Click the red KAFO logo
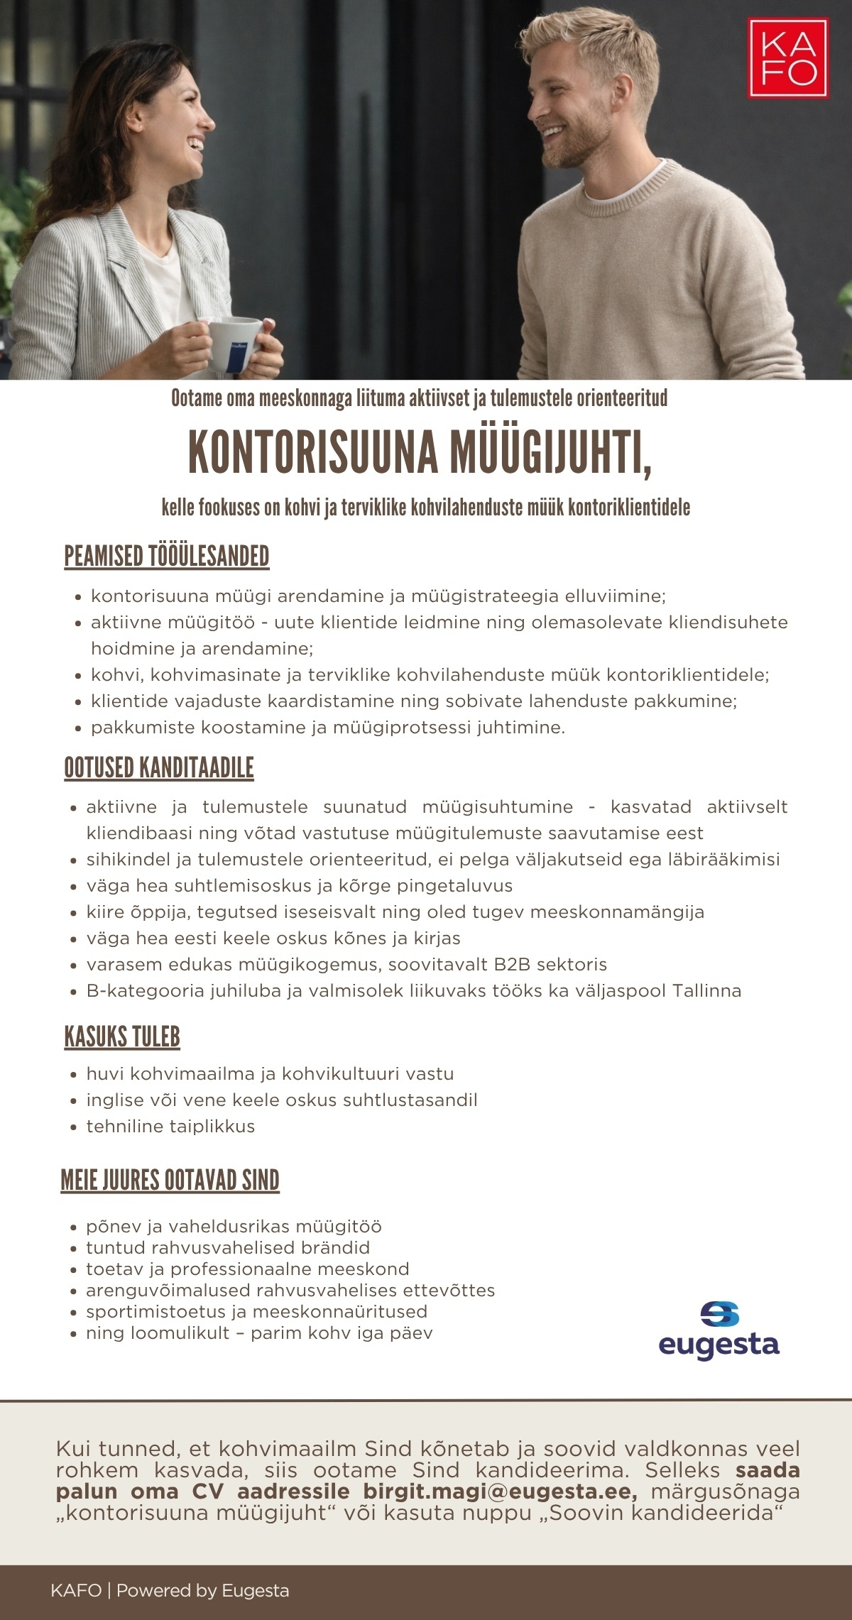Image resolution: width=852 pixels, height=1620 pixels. pos(788,58)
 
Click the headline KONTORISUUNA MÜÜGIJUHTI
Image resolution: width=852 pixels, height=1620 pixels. pos(420,452)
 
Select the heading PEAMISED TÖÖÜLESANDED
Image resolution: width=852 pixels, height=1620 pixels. pos(167,557)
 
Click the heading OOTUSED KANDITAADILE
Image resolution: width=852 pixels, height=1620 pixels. pos(159,768)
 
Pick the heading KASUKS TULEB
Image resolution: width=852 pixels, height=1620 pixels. pos(122,1037)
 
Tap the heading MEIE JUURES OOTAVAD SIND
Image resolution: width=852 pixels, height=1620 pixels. pos(170,1181)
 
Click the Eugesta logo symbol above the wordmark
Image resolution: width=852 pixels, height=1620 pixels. pos(719,1314)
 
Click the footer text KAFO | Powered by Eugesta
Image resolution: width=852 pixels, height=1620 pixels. pos(170,1590)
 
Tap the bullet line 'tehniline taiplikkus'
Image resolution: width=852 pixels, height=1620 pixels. pos(170,1127)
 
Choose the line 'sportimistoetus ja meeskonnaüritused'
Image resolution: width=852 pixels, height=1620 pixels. pos(256,1312)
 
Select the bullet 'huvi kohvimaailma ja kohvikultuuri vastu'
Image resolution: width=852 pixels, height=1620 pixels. pos(270,1074)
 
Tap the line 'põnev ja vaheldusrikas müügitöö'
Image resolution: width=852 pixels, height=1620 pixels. pos(234,1227)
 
